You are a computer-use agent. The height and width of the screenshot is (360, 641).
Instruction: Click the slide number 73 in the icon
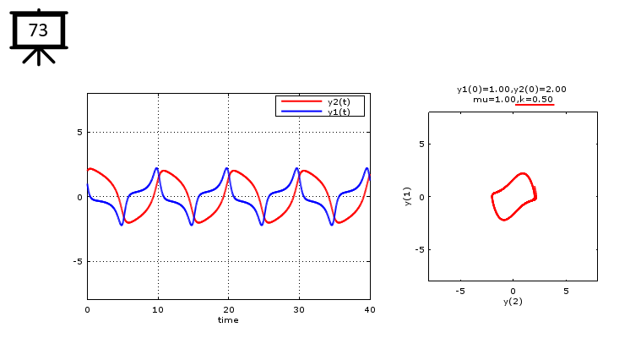38,30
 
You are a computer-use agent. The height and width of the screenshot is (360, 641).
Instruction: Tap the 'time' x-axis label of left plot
228,320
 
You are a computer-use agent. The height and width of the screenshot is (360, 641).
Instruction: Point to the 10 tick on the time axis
158,309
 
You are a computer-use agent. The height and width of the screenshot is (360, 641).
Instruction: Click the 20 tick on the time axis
228,309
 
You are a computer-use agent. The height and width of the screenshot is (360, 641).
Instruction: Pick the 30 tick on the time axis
299,309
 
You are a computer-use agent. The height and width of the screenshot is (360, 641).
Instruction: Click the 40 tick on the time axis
369,309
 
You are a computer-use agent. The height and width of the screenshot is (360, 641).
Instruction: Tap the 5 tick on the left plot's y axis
79,133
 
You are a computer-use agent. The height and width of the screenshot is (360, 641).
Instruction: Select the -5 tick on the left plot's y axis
77,262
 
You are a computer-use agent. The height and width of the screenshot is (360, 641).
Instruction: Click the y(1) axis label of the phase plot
407,195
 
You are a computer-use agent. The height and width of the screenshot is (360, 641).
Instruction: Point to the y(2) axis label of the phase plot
513,302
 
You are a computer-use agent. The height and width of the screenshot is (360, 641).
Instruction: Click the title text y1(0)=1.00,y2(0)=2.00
511,89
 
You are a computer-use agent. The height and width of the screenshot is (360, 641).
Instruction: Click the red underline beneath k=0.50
535,105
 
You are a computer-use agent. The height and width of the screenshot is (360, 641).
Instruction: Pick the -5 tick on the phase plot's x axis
459,291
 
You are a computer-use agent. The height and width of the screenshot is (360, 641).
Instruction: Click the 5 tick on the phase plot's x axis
566,291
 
